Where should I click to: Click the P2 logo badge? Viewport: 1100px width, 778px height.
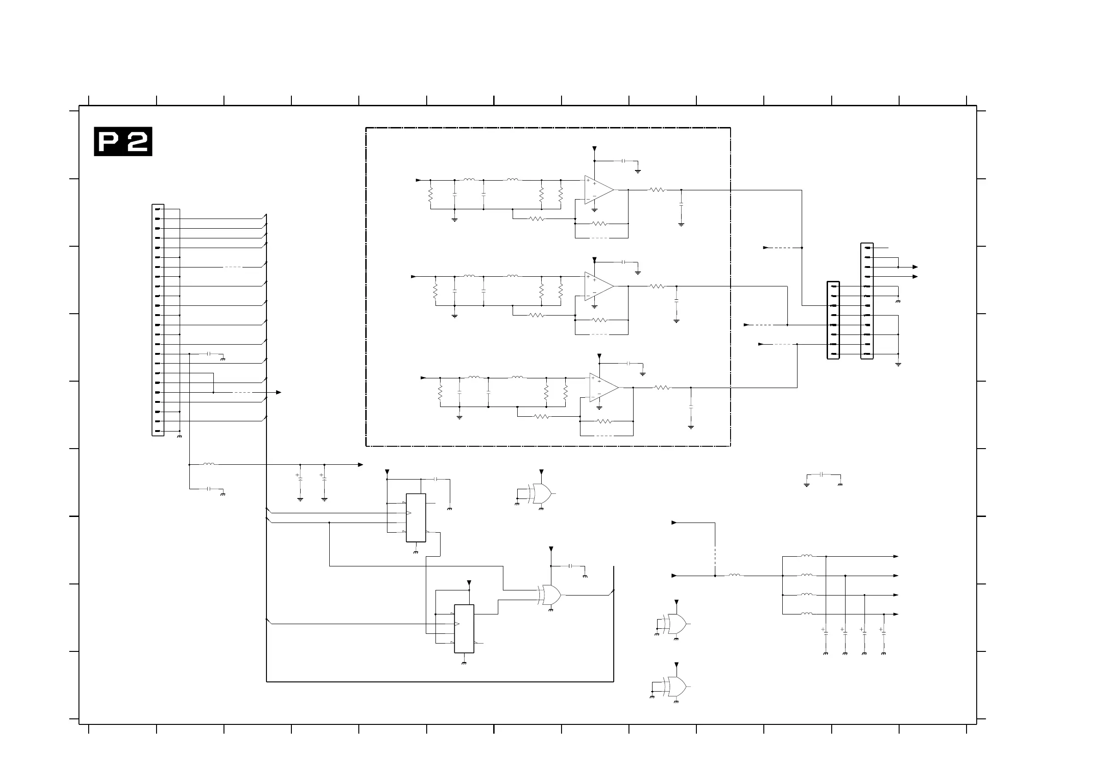coord(123,141)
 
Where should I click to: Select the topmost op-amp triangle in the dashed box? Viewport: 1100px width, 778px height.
coord(598,190)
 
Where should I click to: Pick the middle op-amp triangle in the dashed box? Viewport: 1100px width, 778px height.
coord(598,286)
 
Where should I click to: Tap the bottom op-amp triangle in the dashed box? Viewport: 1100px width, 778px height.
coord(603,387)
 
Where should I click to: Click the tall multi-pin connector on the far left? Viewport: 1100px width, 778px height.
coord(157,320)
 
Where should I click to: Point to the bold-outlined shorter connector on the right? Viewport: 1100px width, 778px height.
coord(833,320)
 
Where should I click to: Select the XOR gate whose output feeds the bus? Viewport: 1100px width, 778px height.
coord(550,595)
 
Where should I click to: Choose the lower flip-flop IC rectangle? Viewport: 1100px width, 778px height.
coord(464,628)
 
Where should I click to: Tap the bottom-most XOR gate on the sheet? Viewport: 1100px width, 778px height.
coord(675,687)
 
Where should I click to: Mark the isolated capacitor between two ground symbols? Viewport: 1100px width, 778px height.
coord(822,474)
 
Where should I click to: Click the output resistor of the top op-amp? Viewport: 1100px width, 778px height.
coord(657,190)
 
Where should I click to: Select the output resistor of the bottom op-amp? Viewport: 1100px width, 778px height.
coord(662,387)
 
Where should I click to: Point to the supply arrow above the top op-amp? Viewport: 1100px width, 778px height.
coord(594,149)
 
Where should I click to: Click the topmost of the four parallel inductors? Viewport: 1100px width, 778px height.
coord(806,556)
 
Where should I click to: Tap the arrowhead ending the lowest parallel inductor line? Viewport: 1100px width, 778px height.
coord(896,614)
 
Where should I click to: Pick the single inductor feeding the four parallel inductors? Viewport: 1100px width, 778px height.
coord(734,575)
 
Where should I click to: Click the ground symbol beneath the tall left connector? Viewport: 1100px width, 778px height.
coord(180,437)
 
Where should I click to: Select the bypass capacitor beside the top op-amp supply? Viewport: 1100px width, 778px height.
coord(624,161)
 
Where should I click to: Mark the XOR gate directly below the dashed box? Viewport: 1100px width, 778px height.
coord(540,493)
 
